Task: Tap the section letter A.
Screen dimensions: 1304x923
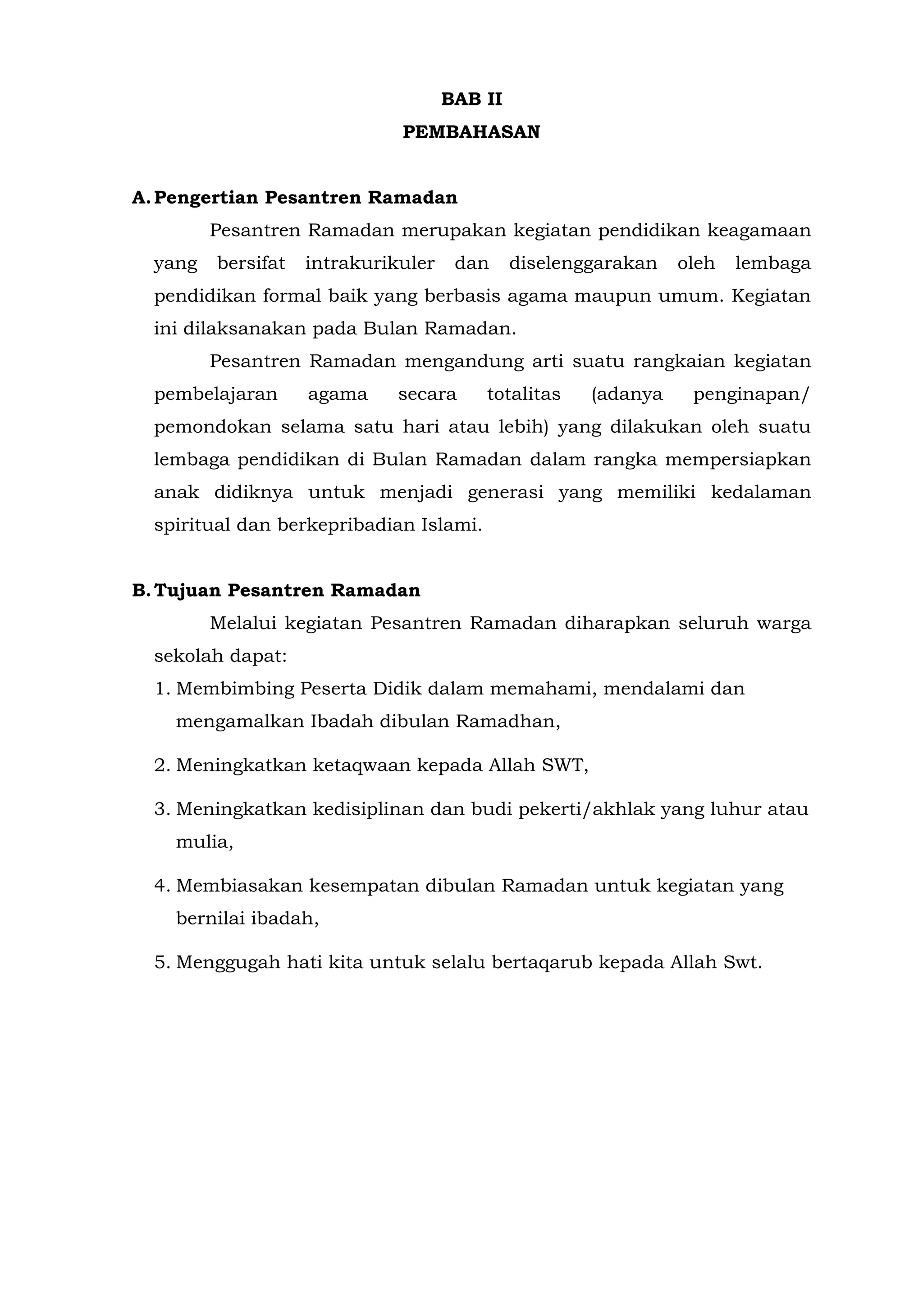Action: coord(140,198)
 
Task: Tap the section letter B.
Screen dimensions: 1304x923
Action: coord(140,591)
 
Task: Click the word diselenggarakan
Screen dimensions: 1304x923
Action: coord(583,263)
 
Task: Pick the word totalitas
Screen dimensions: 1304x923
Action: coord(523,394)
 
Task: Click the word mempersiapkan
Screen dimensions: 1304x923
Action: coord(738,459)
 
